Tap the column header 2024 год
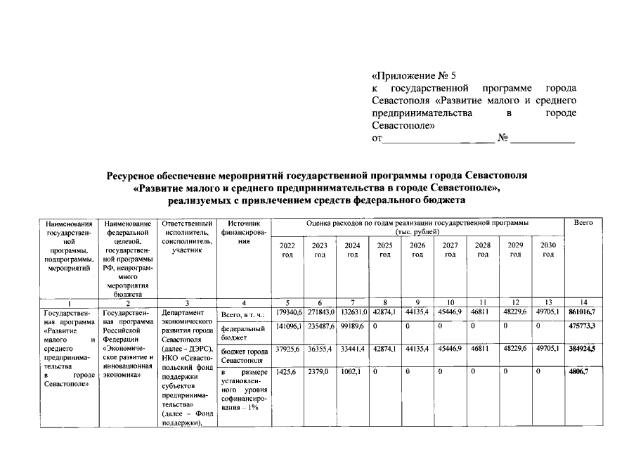coord(352,250)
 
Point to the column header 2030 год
coord(548,250)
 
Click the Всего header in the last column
coord(583,223)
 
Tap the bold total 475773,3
coord(583,327)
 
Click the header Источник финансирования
coord(242,232)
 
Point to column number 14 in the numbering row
coord(583,302)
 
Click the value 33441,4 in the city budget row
coord(352,349)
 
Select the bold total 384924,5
coord(583,349)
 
